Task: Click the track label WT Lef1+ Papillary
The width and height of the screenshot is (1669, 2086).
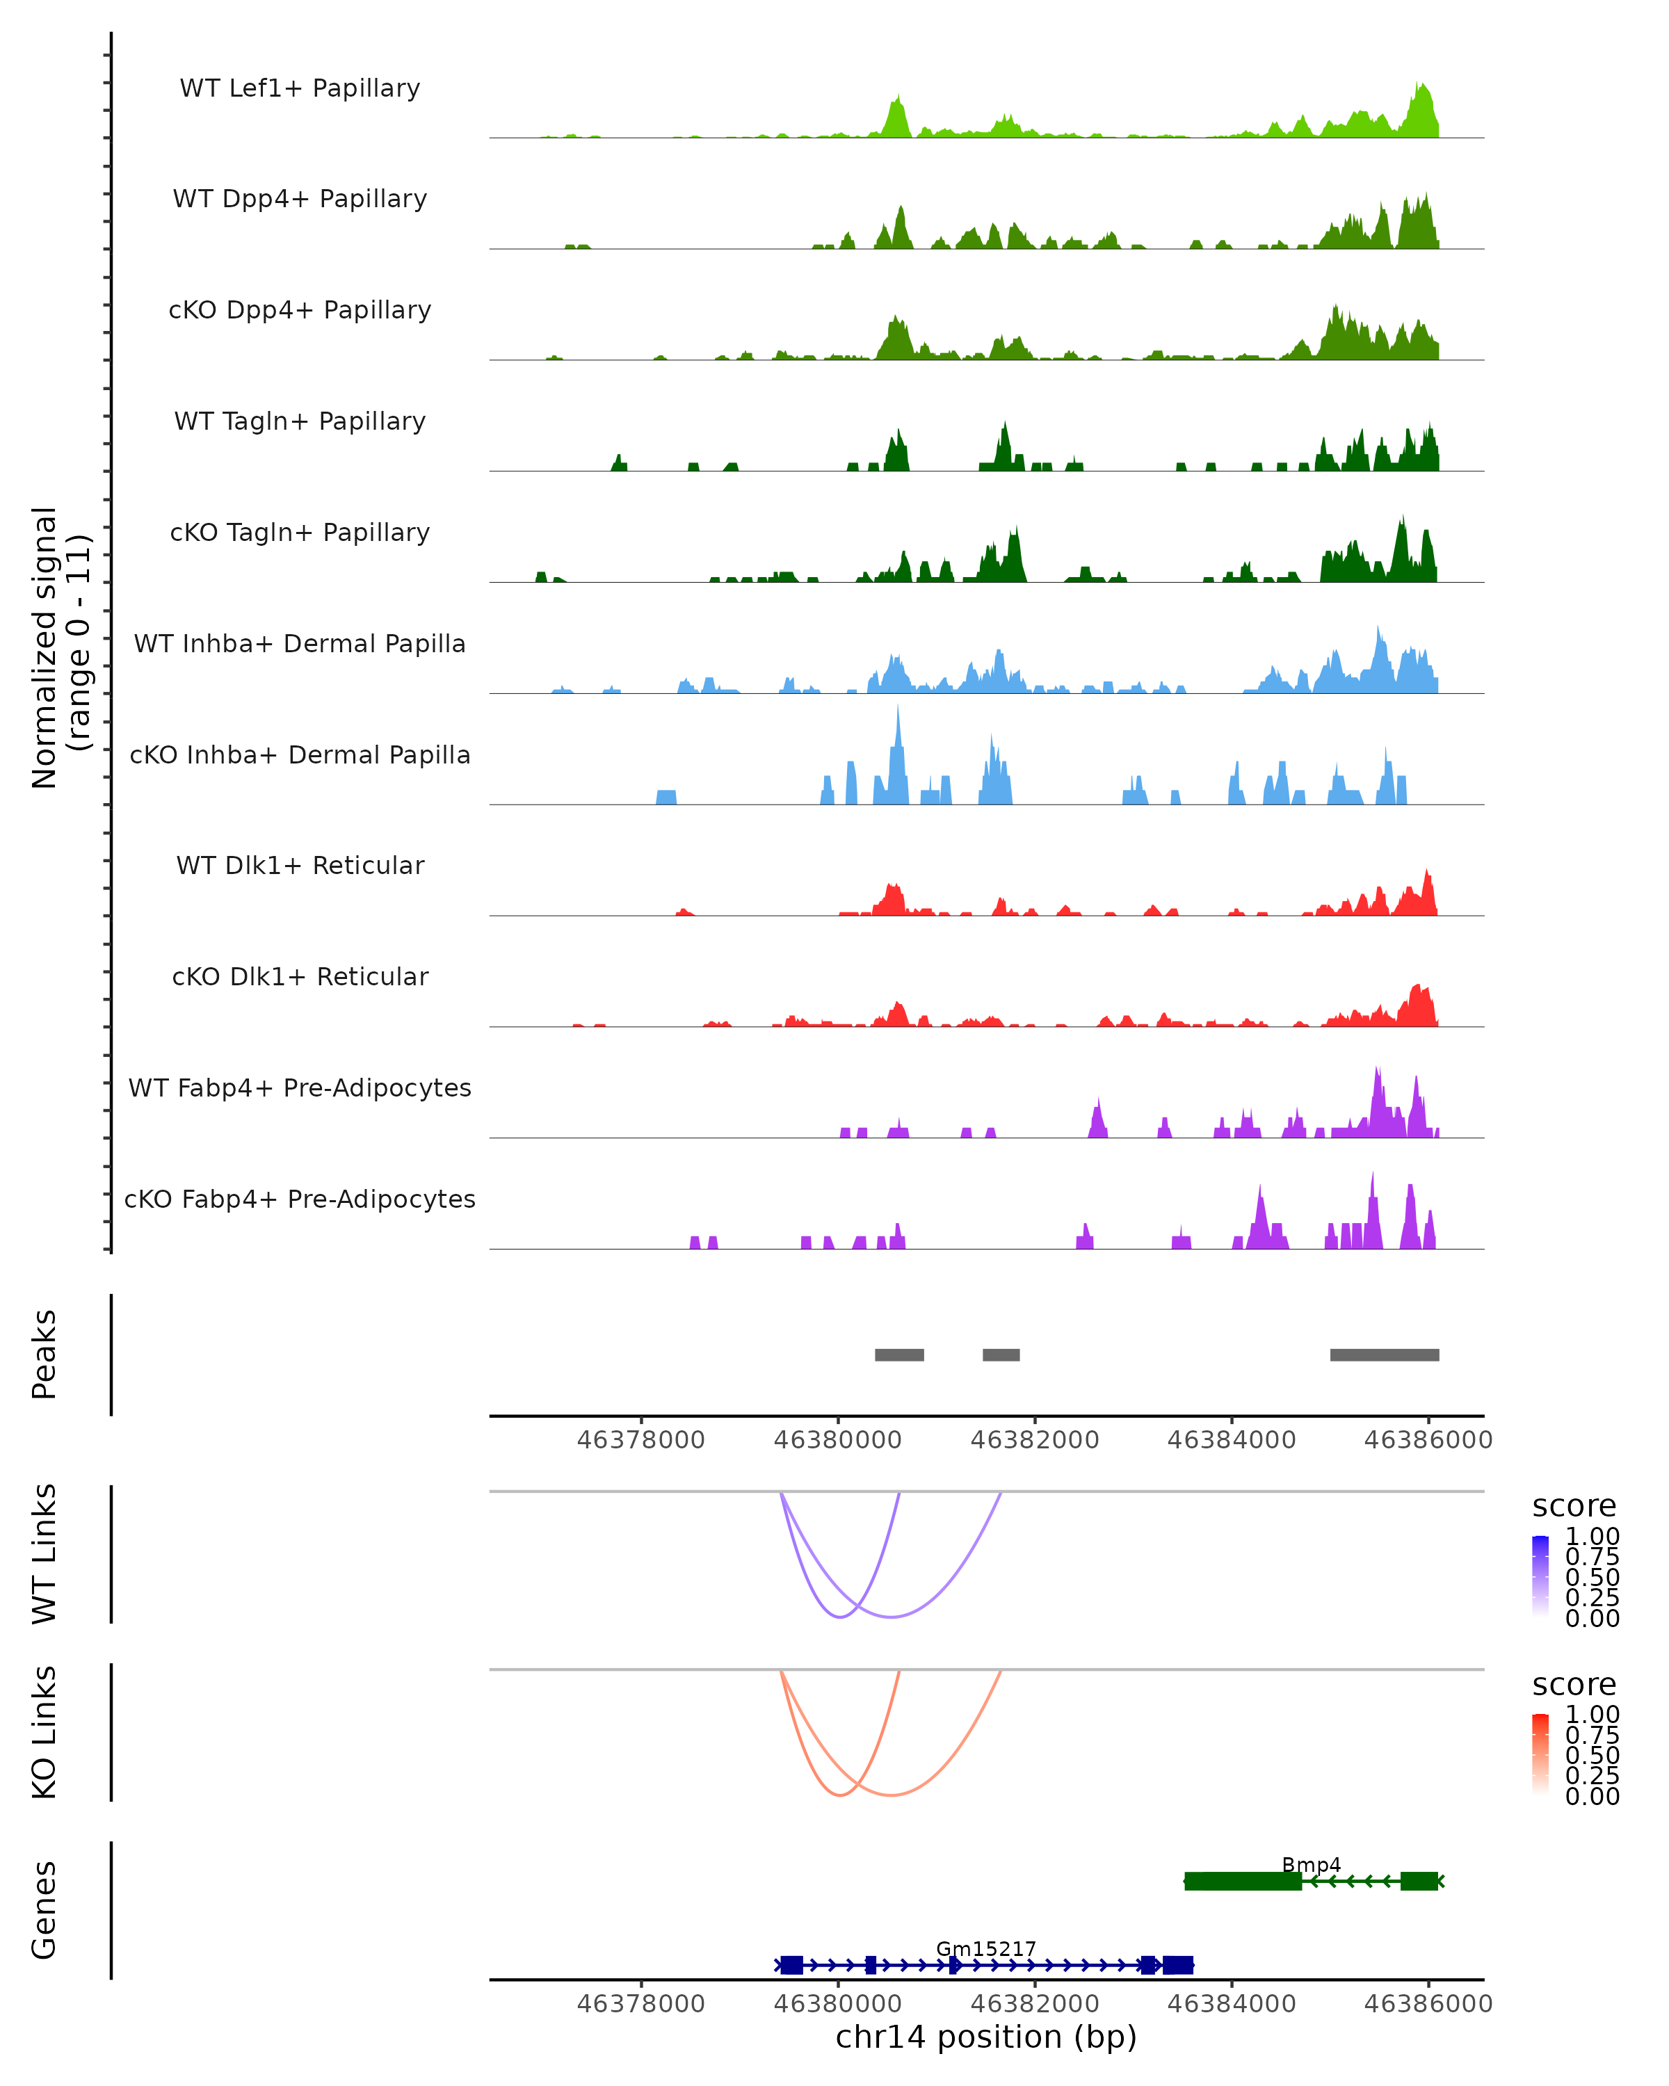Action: tap(300, 88)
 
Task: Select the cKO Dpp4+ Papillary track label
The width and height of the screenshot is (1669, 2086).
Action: tap(300, 309)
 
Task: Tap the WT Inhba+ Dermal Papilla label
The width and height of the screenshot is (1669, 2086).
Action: tap(300, 643)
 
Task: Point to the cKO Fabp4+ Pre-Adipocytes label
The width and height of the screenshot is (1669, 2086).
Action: tap(300, 1199)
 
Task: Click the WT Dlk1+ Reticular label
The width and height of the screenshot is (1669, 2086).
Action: tap(300, 865)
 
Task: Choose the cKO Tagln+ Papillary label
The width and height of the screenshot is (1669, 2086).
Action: tap(300, 532)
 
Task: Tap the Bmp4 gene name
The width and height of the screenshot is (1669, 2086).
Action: tap(1310, 1864)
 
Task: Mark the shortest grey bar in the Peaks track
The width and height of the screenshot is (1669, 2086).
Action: tap(1001, 1355)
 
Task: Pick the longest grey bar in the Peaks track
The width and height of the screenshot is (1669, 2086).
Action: tap(1384, 1355)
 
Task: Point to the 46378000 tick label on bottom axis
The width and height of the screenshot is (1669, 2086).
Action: tap(640, 2003)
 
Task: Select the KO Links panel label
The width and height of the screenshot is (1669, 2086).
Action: tap(45, 1732)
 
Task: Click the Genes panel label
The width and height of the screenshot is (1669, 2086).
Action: tap(45, 1910)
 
